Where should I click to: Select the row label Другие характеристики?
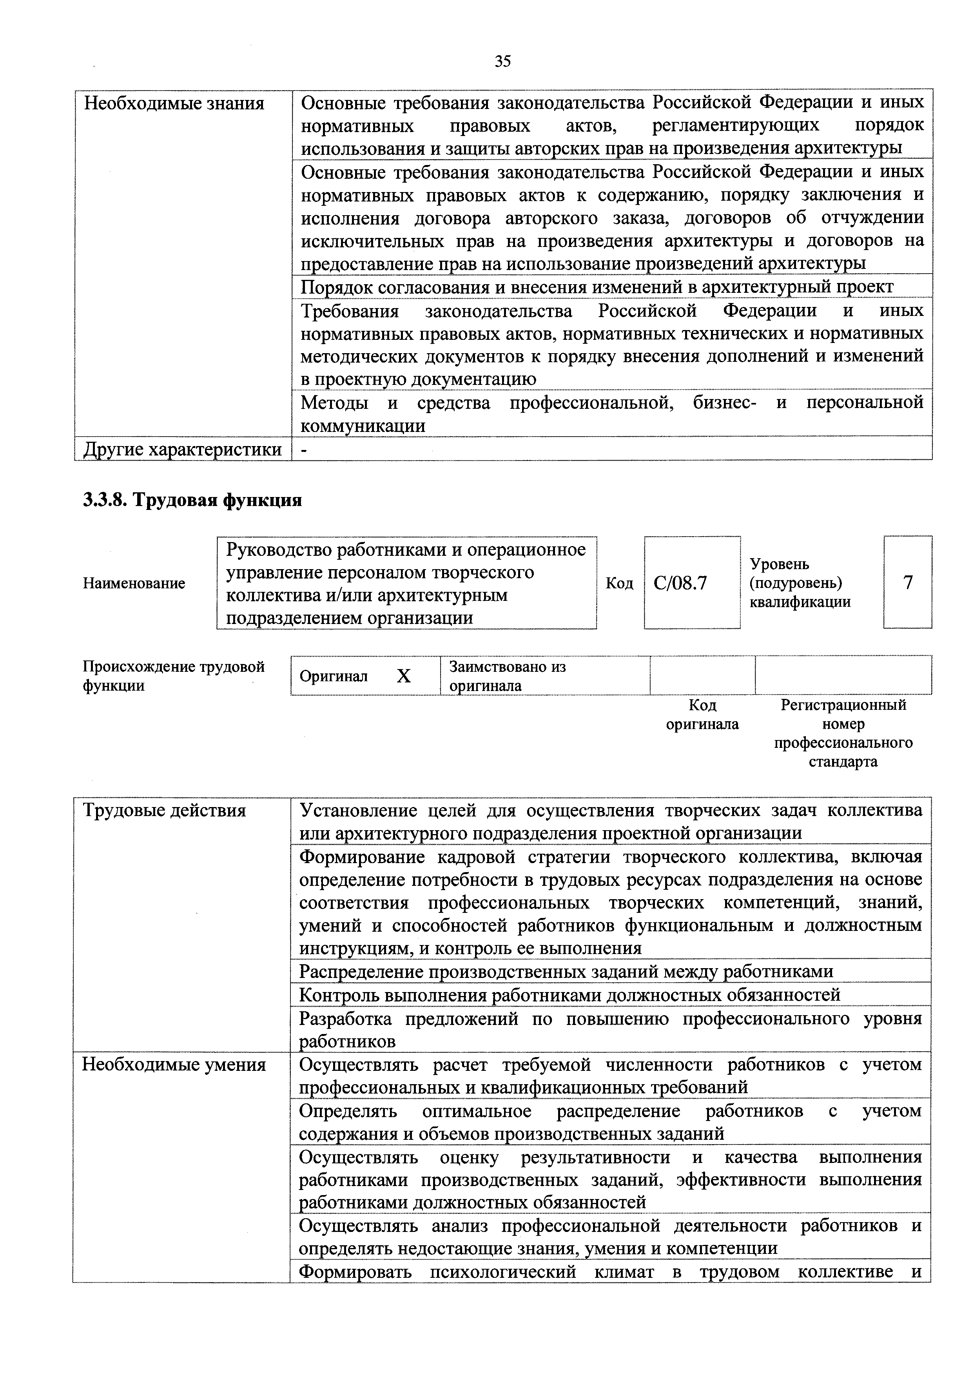click(x=182, y=449)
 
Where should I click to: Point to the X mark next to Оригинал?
click(x=404, y=676)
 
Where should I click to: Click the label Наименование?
click(x=134, y=583)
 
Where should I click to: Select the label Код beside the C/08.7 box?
click(x=619, y=583)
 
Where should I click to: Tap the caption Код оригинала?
click(x=702, y=715)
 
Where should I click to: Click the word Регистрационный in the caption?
click(x=843, y=705)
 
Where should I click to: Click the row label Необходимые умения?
click(x=174, y=1065)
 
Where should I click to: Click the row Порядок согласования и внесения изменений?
click(x=597, y=287)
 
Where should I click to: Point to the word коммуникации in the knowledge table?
click(x=363, y=426)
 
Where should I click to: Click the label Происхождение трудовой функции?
click(x=173, y=676)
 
